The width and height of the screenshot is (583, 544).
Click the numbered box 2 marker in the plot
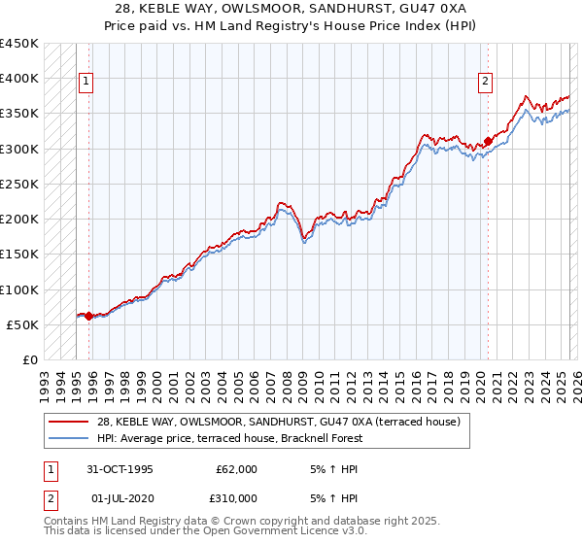(485, 83)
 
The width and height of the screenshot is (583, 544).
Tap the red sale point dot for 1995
(88, 316)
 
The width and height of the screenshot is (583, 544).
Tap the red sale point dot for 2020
(488, 141)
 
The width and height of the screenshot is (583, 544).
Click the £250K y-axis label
(19, 184)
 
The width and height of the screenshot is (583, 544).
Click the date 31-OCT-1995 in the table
(120, 469)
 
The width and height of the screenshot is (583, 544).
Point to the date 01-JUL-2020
(120, 498)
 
